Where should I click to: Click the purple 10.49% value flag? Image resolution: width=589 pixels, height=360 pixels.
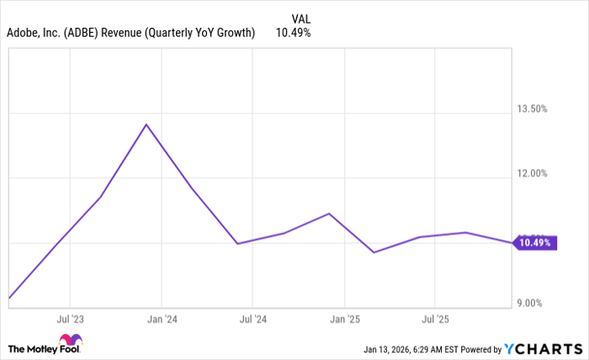coord(535,243)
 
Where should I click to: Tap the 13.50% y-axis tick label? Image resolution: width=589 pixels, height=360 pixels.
coord(532,109)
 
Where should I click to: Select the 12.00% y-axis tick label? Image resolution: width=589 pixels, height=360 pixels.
coord(532,173)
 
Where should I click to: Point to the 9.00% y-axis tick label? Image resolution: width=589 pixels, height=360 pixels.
coord(534,303)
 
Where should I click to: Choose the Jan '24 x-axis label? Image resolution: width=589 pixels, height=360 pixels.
coord(162,319)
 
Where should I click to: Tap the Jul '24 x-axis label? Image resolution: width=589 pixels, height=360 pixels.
coord(252,319)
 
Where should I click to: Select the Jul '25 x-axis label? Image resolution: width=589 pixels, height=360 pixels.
coord(434,319)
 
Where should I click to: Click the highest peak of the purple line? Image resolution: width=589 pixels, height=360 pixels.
coord(146,124)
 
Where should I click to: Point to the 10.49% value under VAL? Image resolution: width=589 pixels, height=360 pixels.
coord(293,33)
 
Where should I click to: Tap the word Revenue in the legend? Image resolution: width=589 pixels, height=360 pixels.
coord(126,33)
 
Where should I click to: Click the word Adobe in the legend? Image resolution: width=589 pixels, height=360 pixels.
coord(24,33)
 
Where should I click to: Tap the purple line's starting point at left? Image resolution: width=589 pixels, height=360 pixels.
coord(8,298)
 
